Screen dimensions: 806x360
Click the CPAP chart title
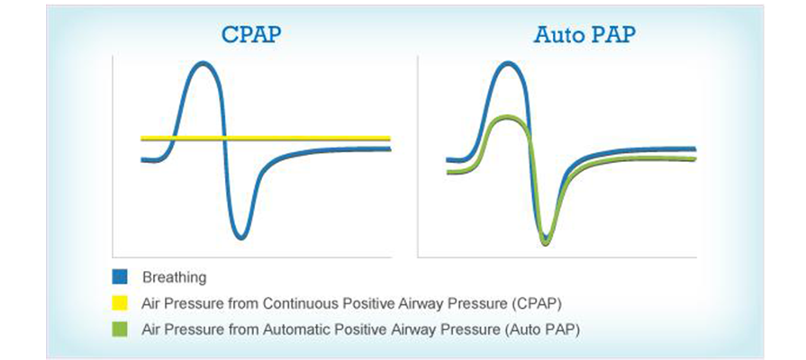[252, 34]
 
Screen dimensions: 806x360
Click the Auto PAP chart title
[585, 34]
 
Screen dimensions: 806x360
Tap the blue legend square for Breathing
[119, 277]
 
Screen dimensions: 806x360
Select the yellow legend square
[119, 303]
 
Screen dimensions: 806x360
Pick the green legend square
[119, 329]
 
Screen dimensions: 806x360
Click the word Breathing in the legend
[174, 278]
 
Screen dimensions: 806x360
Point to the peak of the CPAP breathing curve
[204, 64]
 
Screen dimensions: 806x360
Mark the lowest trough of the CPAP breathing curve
[240, 238]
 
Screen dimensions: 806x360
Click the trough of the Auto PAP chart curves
[546, 241]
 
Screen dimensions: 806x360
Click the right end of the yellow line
[390, 138]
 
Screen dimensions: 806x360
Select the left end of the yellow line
[142, 138]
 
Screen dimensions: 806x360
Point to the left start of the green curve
[448, 172]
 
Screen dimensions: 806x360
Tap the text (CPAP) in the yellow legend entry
[536, 303]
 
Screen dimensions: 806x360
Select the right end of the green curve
[695, 158]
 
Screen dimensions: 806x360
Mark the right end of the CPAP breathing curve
[390, 148]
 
